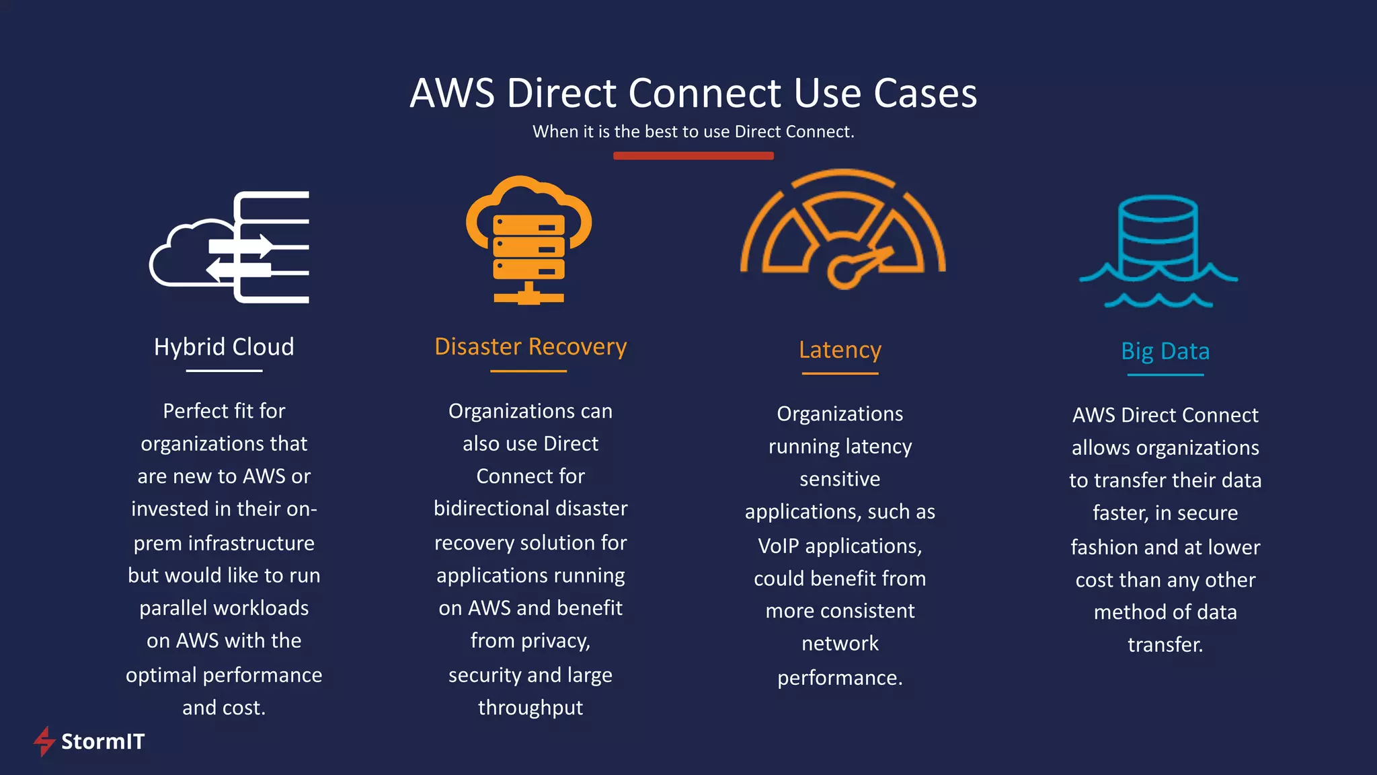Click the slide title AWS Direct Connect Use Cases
(x=693, y=93)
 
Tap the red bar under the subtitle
(x=693, y=155)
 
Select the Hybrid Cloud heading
(x=224, y=347)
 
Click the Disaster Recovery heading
(x=530, y=346)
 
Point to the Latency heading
(x=840, y=350)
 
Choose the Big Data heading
(x=1165, y=351)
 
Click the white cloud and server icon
(x=230, y=248)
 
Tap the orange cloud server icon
(x=529, y=239)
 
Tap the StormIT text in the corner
(x=103, y=741)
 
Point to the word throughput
(x=530, y=708)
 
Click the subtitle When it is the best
(x=693, y=132)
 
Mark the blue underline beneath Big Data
(x=1165, y=375)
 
